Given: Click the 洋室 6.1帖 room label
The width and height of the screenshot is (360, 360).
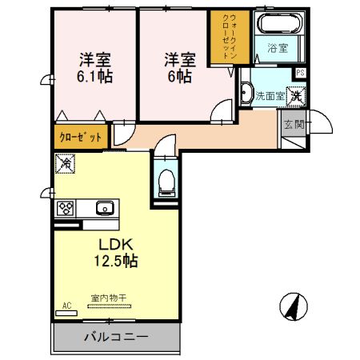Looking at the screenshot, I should [x=94, y=67].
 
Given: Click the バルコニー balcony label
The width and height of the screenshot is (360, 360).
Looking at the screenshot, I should [x=116, y=337].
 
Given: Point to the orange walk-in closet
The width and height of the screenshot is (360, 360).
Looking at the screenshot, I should [x=226, y=38].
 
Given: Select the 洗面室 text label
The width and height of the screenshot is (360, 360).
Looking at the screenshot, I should [x=269, y=95].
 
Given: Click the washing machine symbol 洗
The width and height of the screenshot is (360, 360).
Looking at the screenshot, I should [x=295, y=95].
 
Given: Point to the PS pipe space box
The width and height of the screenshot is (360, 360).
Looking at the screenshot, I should [x=299, y=73].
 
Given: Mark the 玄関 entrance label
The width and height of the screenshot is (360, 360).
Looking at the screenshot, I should [x=293, y=124].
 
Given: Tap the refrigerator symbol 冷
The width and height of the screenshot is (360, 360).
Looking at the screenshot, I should [x=64, y=163].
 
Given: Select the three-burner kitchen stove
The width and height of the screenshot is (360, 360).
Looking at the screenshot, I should [x=65, y=209].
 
